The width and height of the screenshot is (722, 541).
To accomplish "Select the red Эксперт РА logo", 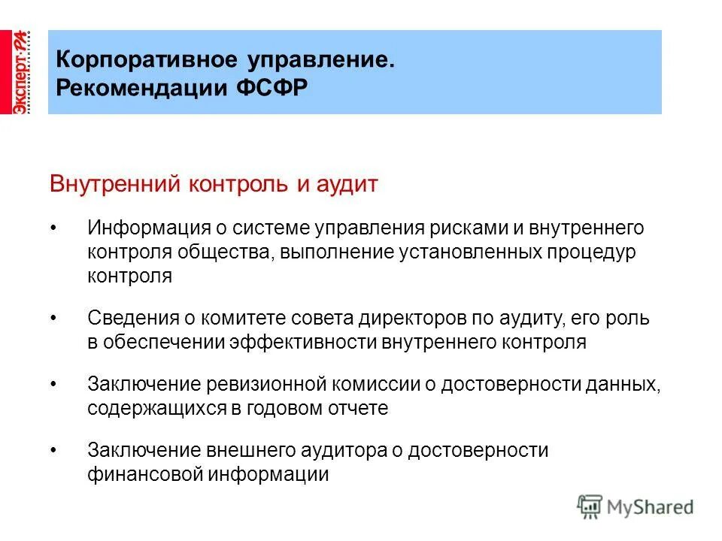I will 20,72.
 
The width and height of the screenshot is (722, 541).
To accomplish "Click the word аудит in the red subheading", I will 348,184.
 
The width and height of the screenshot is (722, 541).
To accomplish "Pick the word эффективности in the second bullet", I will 315,343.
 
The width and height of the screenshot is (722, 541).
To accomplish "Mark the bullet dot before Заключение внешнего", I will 53,452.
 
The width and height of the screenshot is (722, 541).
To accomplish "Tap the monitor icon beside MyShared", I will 590,507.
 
